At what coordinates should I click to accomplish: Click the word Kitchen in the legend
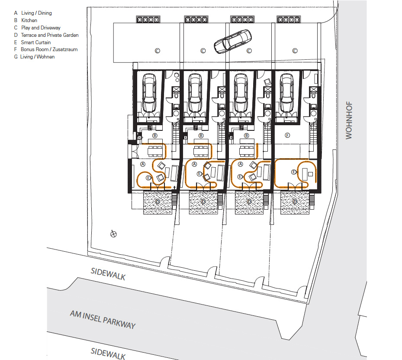(29, 20)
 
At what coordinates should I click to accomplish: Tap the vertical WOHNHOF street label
(349, 120)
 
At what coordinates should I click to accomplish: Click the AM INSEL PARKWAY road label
(103, 319)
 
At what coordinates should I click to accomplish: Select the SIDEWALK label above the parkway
(108, 274)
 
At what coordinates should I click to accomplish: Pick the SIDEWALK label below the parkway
(108, 354)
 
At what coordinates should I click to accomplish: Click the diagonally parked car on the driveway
(233, 42)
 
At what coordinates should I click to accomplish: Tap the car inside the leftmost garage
(149, 93)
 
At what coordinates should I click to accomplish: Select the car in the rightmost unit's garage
(287, 93)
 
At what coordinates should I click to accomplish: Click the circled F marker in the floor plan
(287, 135)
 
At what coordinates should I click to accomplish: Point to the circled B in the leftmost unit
(154, 136)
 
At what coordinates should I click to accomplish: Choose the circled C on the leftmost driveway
(158, 51)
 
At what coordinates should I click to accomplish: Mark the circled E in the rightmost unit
(294, 172)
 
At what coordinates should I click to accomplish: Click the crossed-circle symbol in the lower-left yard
(113, 234)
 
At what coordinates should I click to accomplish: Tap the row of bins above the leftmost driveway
(148, 19)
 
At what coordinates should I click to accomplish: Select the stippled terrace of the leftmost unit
(158, 203)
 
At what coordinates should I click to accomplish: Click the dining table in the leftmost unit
(155, 151)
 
